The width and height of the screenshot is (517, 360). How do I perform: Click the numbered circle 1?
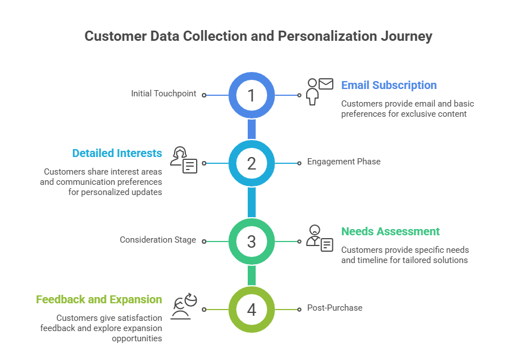click(x=251, y=95)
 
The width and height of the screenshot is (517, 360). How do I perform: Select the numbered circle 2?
click(x=251, y=163)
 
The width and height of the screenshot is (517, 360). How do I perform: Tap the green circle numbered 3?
click(x=251, y=242)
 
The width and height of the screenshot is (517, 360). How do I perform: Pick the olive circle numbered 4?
click(x=251, y=310)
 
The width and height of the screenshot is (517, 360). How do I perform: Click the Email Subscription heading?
click(x=389, y=85)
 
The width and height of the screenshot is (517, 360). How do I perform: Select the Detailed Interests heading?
click(x=117, y=153)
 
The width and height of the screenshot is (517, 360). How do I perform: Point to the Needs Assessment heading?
click(x=390, y=231)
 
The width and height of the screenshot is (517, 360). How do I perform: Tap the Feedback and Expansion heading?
click(x=99, y=299)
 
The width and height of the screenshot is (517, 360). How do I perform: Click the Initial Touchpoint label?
click(x=163, y=94)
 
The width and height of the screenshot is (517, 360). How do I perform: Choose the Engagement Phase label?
click(x=344, y=162)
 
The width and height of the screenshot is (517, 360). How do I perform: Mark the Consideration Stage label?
click(x=158, y=240)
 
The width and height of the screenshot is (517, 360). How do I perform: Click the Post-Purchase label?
click(x=334, y=308)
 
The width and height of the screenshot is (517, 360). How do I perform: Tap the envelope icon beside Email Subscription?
click(x=325, y=84)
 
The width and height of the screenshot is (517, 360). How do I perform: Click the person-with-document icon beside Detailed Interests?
click(x=184, y=160)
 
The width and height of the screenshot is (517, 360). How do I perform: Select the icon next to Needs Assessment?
click(x=320, y=238)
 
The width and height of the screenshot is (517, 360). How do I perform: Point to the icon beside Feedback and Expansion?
click(x=184, y=307)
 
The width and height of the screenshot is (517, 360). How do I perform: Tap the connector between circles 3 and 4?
click(x=251, y=276)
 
